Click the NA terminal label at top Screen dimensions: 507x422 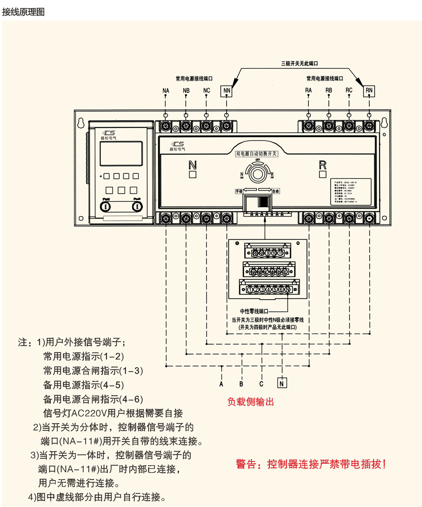point(166,91)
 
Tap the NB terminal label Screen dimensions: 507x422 point(186,91)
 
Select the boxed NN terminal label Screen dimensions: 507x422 point(227,91)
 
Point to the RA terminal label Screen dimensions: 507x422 point(308,90)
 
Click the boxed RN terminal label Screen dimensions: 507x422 point(369,90)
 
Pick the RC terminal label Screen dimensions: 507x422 point(349,90)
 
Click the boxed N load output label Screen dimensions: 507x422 point(282,383)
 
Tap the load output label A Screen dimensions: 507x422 point(221,384)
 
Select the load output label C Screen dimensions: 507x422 point(261,384)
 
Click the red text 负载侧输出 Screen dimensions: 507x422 point(251,402)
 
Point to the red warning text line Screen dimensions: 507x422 point(311,464)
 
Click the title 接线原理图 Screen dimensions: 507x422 point(23,12)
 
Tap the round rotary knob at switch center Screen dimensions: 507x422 point(258,174)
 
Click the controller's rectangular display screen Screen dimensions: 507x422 point(121,153)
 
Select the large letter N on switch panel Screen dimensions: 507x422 point(193,165)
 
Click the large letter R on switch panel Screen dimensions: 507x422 point(323,165)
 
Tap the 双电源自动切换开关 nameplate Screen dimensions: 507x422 point(256,154)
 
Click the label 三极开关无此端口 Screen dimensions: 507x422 point(300,63)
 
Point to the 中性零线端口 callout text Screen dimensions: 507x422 point(254,312)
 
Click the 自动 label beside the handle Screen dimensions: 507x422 point(275,191)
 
